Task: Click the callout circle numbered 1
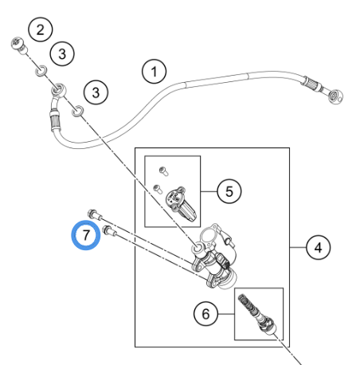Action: [x=155, y=71]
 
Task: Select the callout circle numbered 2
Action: [x=41, y=29]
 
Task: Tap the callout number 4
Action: [x=318, y=247]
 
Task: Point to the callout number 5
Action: [x=229, y=191]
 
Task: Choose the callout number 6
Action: [x=205, y=314]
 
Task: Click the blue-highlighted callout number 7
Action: [x=86, y=235]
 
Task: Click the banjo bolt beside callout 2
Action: [x=19, y=45]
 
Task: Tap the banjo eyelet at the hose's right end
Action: [x=335, y=97]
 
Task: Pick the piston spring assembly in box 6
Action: [x=257, y=314]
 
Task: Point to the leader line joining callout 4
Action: [x=298, y=248]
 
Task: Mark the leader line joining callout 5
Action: [x=209, y=191]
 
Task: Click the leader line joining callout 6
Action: [x=226, y=314]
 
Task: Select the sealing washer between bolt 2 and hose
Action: [x=41, y=71]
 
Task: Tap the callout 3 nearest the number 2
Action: [x=62, y=53]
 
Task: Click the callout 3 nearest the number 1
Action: [x=96, y=92]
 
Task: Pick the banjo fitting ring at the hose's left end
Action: [x=58, y=90]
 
